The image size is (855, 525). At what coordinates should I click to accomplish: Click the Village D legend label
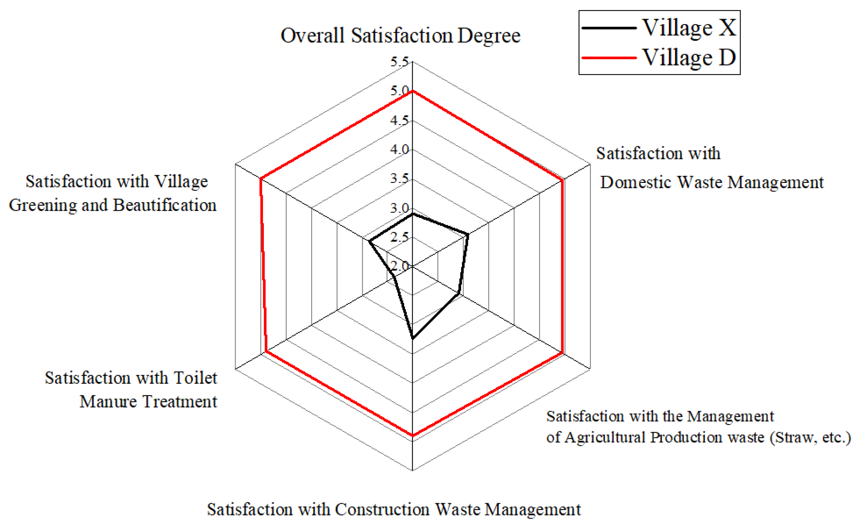coord(689,57)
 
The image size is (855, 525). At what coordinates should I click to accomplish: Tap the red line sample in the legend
coord(609,58)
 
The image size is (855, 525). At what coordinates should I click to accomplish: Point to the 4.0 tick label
coord(399,150)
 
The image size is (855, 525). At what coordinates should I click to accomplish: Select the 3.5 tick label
coord(399,179)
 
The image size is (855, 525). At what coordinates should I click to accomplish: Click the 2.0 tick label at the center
coord(399,266)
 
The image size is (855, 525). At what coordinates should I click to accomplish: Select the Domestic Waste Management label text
coord(711,182)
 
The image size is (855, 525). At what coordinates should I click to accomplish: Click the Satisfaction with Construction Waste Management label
coord(393,510)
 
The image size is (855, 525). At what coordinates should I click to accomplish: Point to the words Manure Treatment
coord(148,402)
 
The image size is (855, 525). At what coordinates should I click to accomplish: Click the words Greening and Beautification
coord(113,205)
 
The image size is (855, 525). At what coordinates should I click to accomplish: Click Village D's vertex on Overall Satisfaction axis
coord(412,91)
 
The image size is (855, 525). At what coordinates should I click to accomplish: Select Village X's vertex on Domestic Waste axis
coord(468,235)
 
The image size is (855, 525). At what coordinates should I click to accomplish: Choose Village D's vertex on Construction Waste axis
coord(412,435)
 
